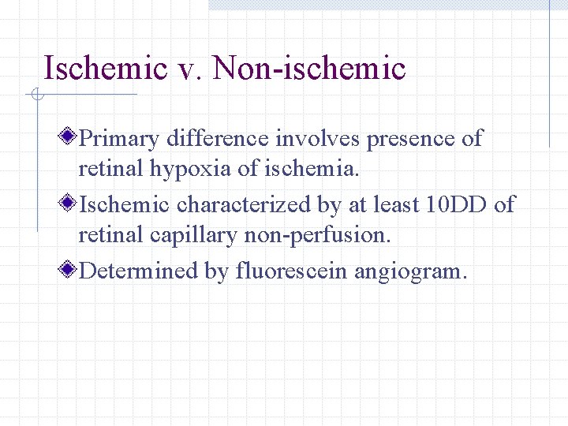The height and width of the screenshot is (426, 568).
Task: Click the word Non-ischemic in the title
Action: click(309, 68)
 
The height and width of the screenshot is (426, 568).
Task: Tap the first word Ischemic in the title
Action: click(105, 68)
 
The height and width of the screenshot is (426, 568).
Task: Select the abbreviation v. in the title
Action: click(189, 68)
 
